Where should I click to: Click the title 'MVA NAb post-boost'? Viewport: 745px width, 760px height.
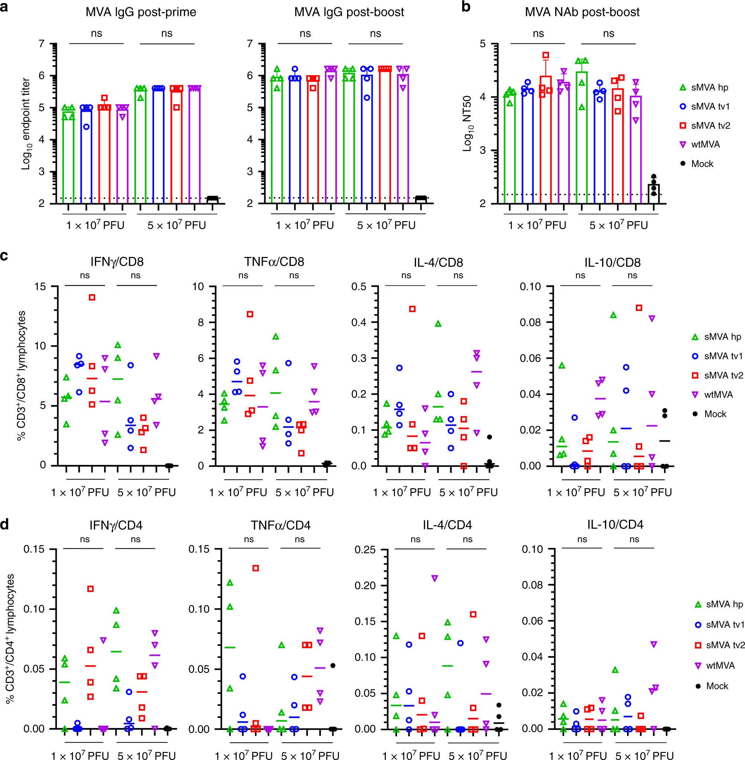(582, 12)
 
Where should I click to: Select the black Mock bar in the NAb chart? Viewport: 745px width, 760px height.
(653, 193)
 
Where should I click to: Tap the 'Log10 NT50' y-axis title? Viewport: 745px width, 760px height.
(468, 124)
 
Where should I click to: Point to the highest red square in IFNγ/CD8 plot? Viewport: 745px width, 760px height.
(92, 297)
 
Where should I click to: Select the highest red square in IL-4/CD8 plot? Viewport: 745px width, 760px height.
(412, 309)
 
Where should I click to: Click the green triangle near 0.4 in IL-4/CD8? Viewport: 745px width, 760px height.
(438, 324)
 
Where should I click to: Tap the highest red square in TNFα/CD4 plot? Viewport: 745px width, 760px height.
(256, 568)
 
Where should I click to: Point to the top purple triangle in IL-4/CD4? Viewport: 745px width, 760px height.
(434, 578)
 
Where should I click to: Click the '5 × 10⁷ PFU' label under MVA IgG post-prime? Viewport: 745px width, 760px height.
(176, 225)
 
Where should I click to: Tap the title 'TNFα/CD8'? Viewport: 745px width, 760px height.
(274, 262)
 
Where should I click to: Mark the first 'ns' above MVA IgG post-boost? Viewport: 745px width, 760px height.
(305, 33)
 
